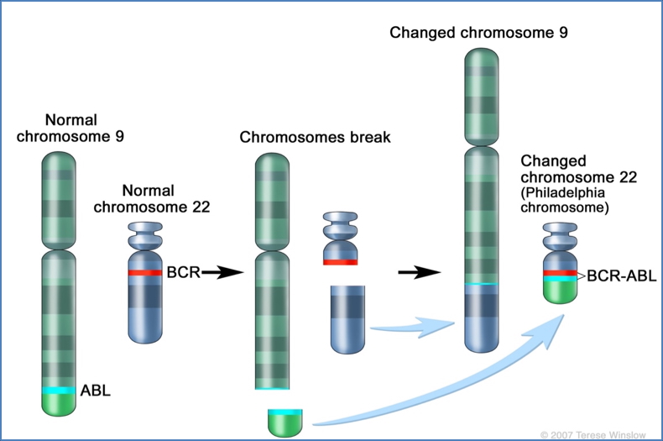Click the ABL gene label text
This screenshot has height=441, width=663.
point(95,391)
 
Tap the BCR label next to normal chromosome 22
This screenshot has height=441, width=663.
point(182,272)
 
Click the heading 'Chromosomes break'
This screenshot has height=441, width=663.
point(315,137)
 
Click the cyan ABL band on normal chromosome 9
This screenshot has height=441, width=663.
point(59,391)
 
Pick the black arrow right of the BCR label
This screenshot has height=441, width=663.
point(222,272)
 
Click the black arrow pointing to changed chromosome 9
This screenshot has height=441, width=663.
point(420,272)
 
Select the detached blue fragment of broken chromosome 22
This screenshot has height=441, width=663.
point(347,319)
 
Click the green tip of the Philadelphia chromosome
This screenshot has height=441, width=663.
point(560,291)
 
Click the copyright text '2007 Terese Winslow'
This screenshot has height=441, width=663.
point(595,434)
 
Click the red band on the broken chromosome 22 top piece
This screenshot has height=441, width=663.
point(341,262)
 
